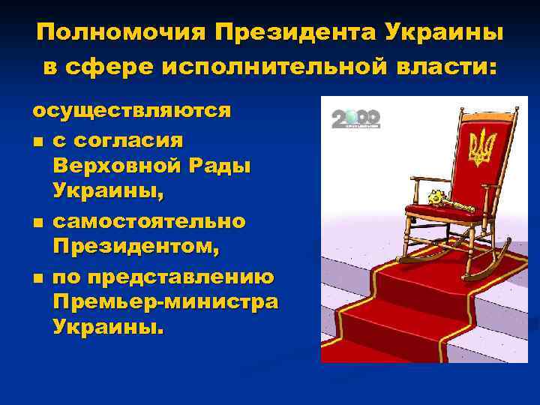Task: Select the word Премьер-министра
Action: (x=165, y=302)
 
